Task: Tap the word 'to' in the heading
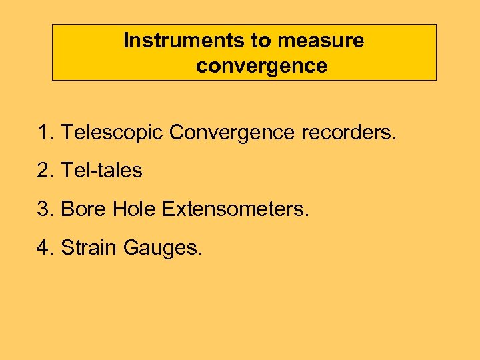click(x=261, y=41)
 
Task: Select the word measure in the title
click(x=321, y=41)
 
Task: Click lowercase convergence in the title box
click(x=262, y=66)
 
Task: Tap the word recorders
click(x=349, y=133)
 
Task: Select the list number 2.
click(x=45, y=171)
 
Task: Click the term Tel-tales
click(x=101, y=171)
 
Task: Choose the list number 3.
click(x=45, y=209)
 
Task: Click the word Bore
click(x=83, y=209)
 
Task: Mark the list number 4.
click(x=45, y=247)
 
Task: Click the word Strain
click(x=87, y=247)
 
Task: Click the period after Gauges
click(x=200, y=254)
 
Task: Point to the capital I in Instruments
click(x=127, y=41)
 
